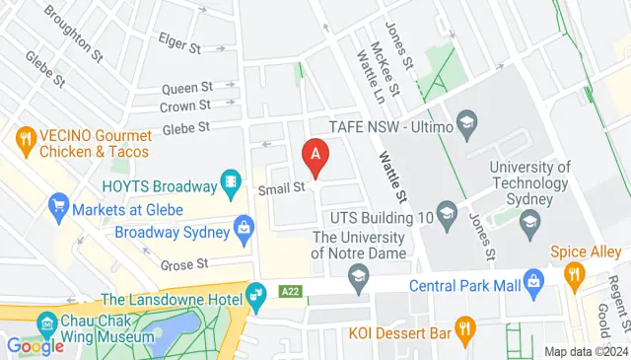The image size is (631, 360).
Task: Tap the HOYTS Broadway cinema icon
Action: tap(231, 181)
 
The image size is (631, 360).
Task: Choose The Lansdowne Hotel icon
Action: tap(256, 293)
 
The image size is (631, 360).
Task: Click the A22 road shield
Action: tap(290, 292)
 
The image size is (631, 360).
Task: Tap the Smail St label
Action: tap(280, 187)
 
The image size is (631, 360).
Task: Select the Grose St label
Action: tap(183, 264)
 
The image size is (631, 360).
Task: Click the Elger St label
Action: tap(179, 44)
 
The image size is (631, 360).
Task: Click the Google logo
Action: tap(35, 345)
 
